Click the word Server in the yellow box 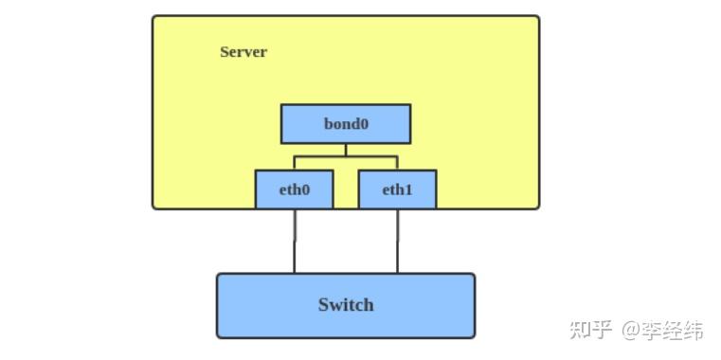[x=243, y=52]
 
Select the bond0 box [x=346, y=124]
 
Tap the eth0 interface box [x=295, y=189]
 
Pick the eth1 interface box [x=397, y=189]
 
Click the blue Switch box [x=346, y=305]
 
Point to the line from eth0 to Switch [x=295, y=241]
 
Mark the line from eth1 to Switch [x=397, y=241]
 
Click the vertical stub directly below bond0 [x=346, y=150]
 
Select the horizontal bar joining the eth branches [x=346, y=156]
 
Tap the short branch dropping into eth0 [x=295, y=163]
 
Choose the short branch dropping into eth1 [x=397, y=163]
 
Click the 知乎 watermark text [x=590, y=331]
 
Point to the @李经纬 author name [x=662, y=331]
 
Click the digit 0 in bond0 [x=363, y=124]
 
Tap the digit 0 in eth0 [x=306, y=189]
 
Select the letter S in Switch [x=324, y=305]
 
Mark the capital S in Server [x=225, y=52]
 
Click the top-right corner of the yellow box [x=537, y=17]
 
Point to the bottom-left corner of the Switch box [x=219, y=335]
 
